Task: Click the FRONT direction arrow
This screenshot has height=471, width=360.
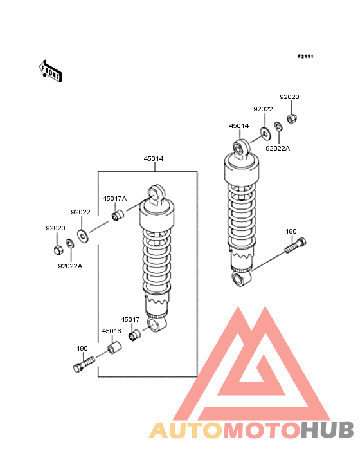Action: (50, 71)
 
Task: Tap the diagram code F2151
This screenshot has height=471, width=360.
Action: (305, 56)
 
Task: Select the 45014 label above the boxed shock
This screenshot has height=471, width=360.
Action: (154, 158)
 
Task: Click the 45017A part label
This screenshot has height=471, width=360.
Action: (114, 199)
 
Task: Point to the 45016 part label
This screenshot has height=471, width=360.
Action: (112, 331)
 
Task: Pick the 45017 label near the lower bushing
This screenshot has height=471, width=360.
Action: (130, 320)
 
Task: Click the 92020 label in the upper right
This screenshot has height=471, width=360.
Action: (289, 97)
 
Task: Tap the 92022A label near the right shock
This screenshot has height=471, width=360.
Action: (278, 149)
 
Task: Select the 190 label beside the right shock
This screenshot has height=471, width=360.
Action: (291, 232)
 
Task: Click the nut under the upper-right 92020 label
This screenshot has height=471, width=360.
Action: (291, 118)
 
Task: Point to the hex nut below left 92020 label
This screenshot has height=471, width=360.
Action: (59, 250)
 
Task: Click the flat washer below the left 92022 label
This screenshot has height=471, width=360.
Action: (83, 236)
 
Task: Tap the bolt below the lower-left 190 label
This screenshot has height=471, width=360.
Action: (84, 364)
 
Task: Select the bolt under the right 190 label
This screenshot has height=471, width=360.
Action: (296, 245)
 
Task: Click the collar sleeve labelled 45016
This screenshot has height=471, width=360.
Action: (114, 347)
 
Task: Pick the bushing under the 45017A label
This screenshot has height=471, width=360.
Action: (118, 216)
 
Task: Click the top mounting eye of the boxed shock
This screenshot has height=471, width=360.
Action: (156, 193)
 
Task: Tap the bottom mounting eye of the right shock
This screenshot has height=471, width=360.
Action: (242, 278)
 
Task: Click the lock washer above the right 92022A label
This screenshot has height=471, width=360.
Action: (278, 127)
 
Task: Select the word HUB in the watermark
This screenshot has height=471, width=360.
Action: (328, 430)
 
